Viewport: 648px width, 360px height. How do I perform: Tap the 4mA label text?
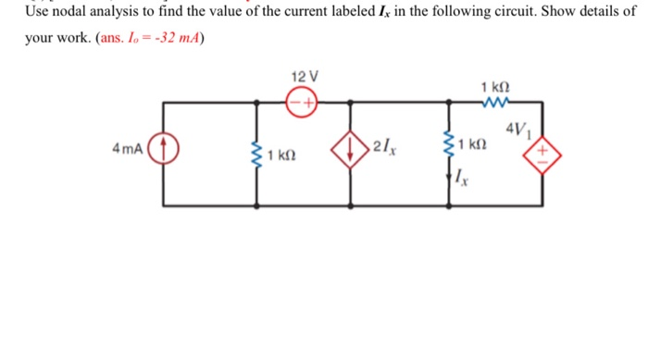125,149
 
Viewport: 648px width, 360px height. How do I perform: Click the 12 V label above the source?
304,75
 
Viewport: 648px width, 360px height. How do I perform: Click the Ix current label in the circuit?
466,179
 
